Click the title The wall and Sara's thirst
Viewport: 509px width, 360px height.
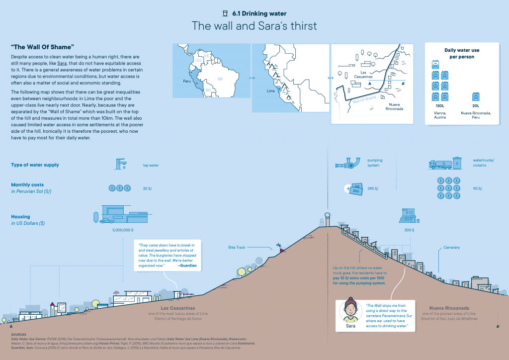[254, 26]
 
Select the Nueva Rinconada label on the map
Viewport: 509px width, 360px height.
[395, 106]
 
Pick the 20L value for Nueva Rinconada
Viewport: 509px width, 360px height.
[476, 106]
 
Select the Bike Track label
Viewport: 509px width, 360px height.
[237, 248]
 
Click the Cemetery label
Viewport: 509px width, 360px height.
[451, 247]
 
